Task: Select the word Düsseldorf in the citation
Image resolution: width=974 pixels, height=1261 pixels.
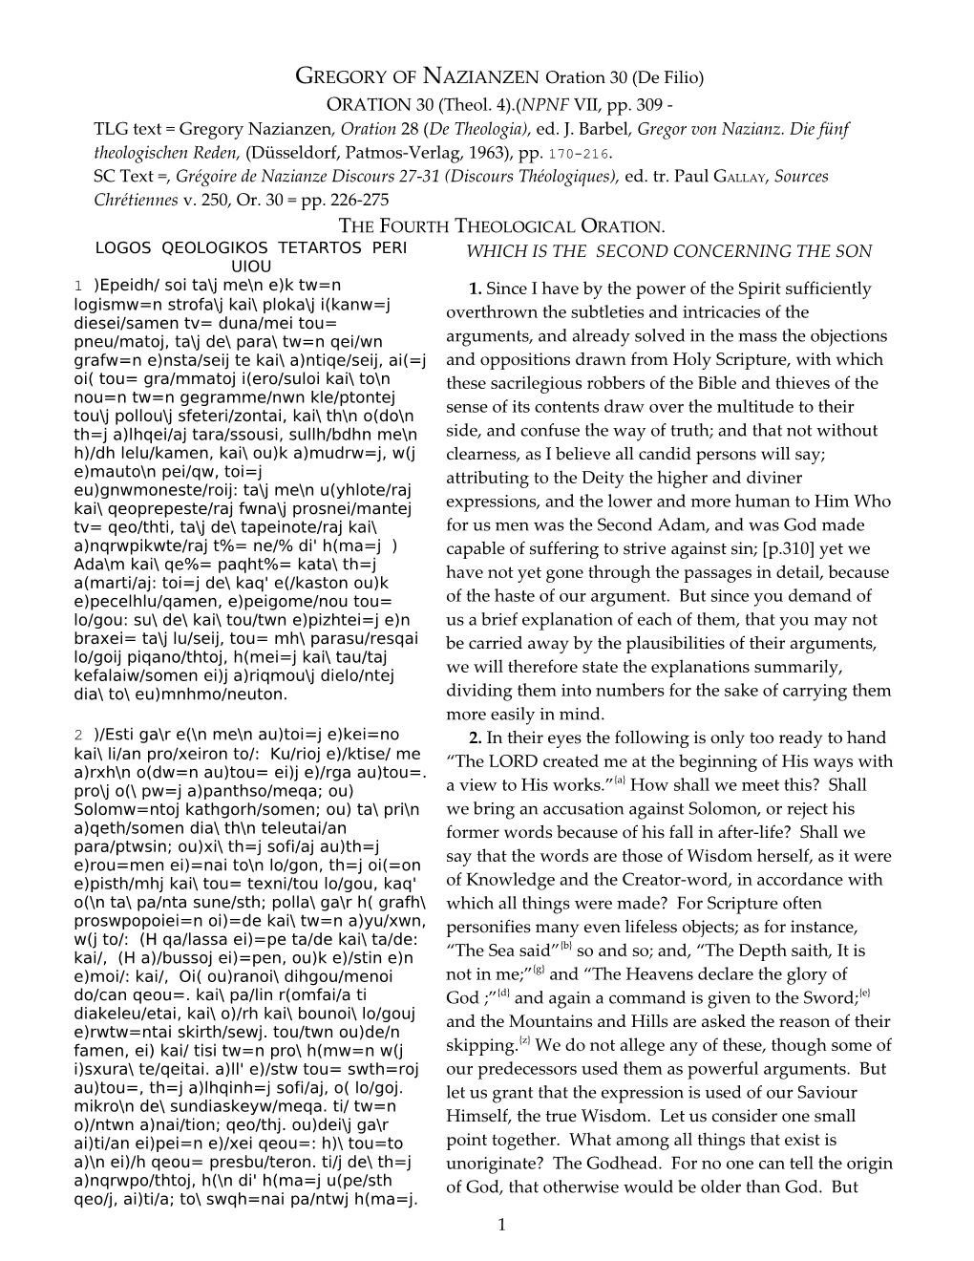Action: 297,152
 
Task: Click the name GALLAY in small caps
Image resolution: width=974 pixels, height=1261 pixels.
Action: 740,177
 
